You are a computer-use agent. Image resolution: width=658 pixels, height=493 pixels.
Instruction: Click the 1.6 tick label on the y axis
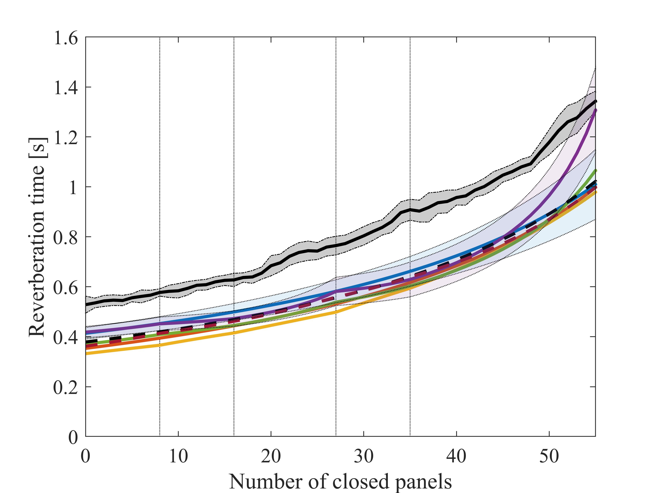click(x=65, y=38)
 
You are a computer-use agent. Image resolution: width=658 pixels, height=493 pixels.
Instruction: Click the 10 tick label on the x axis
click(x=178, y=456)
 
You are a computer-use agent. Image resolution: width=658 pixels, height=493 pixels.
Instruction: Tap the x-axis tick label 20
click(x=271, y=456)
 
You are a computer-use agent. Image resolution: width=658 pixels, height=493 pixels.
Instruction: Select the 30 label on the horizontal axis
click(x=364, y=456)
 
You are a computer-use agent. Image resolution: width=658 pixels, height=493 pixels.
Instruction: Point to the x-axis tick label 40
click(x=456, y=456)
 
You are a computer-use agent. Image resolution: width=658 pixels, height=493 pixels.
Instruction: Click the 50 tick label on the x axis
click(x=549, y=456)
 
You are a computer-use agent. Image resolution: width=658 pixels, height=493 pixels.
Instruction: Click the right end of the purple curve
click(x=595, y=110)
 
